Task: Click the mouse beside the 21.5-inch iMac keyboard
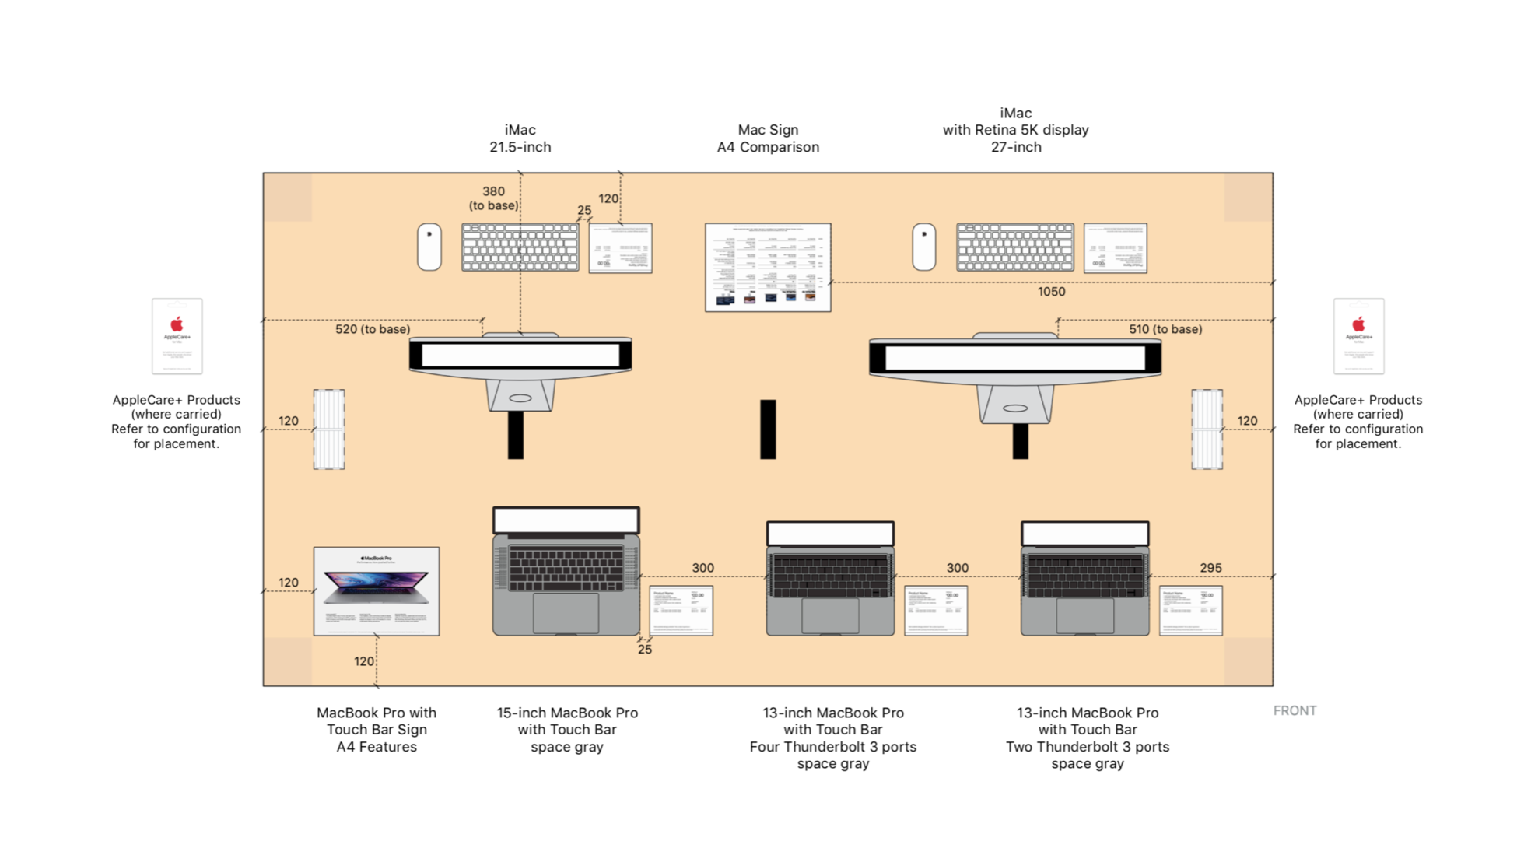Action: click(x=429, y=247)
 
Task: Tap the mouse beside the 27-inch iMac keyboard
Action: click(x=923, y=247)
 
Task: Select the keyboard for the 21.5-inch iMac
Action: click(x=520, y=247)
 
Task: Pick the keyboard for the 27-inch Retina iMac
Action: click(x=1014, y=247)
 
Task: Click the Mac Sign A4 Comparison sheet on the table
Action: click(x=767, y=267)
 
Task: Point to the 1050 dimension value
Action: click(x=1051, y=292)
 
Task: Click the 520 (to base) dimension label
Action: click(x=373, y=329)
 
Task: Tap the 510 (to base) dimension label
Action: click(x=1165, y=329)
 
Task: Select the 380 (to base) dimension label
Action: click(x=493, y=198)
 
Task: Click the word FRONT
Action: click(x=1295, y=710)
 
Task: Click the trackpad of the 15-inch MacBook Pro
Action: click(x=566, y=613)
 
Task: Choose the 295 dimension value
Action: click(x=1210, y=568)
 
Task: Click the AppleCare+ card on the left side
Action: click(x=177, y=336)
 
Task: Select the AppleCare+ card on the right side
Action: click(x=1358, y=336)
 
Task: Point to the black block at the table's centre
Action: click(x=768, y=429)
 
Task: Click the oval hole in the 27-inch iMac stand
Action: click(x=1014, y=408)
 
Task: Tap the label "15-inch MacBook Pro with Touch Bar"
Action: click(x=567, y=729)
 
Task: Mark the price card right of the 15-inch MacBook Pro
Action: click(x=681, y=611)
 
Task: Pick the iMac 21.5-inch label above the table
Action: click(x=520, y=138)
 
